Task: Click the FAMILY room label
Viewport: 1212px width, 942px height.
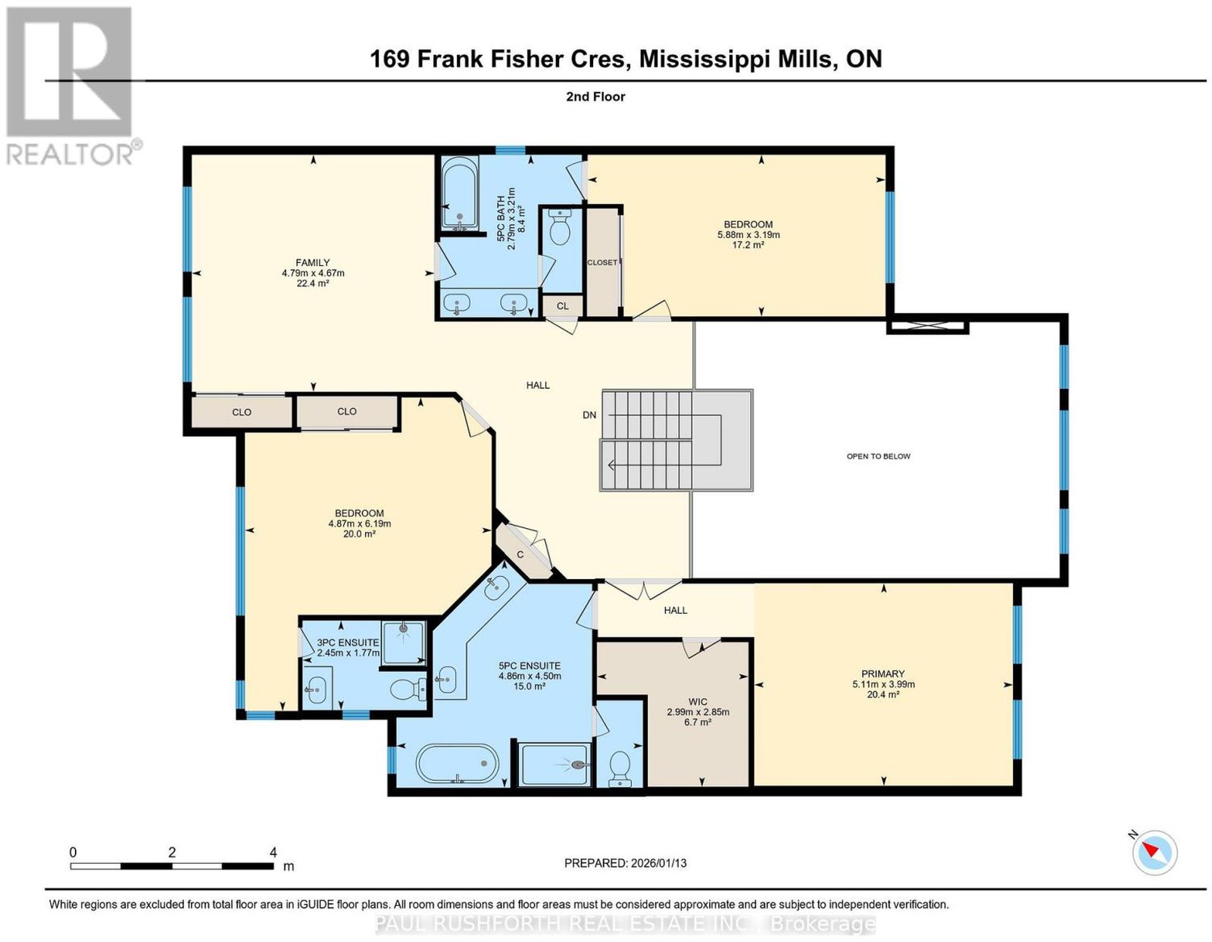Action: click(x=312, y=263)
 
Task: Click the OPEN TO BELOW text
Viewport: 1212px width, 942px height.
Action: click(x=879, y=456)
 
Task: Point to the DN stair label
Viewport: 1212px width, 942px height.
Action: click(x=589, y=415)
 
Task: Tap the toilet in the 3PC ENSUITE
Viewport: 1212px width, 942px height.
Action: click(x=409, y=690)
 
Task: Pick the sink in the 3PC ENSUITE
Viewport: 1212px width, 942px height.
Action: click(x=317, y=690)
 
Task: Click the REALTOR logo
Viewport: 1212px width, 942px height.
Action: click(x=71, y=87)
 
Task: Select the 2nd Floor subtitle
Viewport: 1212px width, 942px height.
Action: click(x=595, y=96)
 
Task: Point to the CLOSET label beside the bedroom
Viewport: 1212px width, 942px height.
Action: click(x=602, y=262)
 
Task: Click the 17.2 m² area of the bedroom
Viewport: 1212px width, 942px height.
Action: click(x=748, y=245)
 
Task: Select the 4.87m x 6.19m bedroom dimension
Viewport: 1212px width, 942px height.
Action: click(x=360, y=524)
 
